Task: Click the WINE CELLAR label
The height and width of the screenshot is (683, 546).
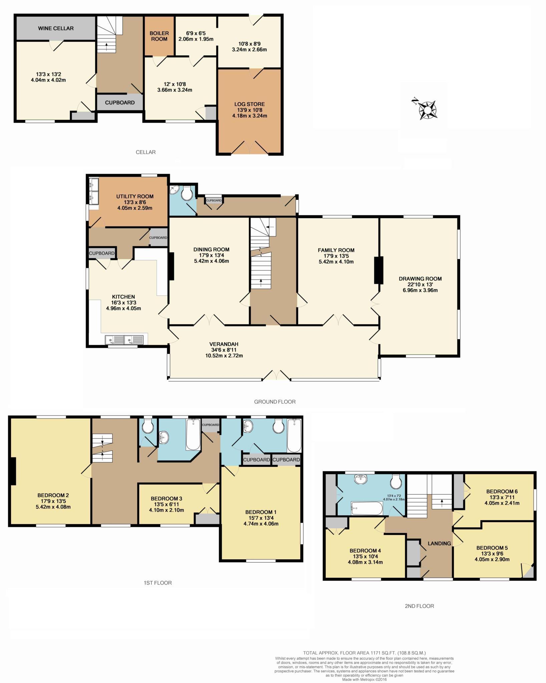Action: coord(56,28)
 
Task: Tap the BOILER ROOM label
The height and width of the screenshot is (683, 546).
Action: coord(159,36)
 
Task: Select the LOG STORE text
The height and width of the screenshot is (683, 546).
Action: coord(250,104)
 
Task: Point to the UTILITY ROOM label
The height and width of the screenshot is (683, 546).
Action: coord(135,196)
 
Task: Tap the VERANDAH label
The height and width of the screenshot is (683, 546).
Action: coord(224,344)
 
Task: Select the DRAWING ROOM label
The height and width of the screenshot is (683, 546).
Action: coord(420,279)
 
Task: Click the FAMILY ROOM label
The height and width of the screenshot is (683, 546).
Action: coord(336,250)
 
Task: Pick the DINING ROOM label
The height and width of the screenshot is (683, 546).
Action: coord(212,249)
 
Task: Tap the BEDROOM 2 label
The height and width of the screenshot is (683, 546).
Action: coord(53,496)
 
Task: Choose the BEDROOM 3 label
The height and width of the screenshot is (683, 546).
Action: coord(166,499)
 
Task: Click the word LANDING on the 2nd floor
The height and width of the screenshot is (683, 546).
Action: coord(439,544)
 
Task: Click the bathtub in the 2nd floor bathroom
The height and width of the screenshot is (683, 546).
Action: coord(366,509)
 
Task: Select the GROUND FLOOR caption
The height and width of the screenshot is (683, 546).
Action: coord(275,402)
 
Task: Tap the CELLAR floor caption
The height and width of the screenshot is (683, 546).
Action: coord(146,152)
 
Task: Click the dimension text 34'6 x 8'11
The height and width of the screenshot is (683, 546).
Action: coord(224,350)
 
